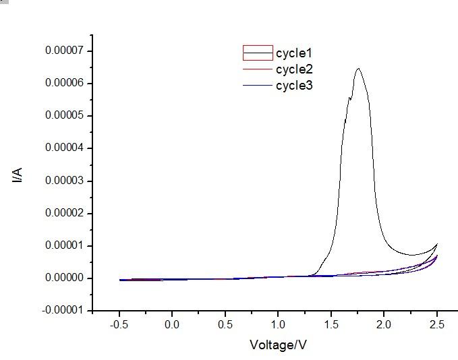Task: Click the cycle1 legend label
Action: pos(294,53)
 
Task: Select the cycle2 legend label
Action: pos(294,69)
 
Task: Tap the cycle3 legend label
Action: pos(294,85)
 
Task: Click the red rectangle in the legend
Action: pos(258,53)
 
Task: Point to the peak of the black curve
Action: pos(358,68)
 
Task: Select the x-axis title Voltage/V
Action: pos(279,344)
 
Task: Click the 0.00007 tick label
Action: pos(64,51)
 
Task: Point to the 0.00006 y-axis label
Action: pos(64,83)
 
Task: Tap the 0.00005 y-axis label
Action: pos(64,115)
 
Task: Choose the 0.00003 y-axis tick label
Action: pos(64,181)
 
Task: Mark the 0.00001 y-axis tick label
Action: pos(64,245)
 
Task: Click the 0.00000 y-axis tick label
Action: pos(64,278)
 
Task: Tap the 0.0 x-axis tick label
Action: pos(172,325)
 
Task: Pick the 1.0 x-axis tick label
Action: pos(278,325)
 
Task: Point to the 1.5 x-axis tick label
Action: pos(331,325)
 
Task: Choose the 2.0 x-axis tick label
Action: pos(384,325)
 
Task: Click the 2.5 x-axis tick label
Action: pos(437,325)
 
